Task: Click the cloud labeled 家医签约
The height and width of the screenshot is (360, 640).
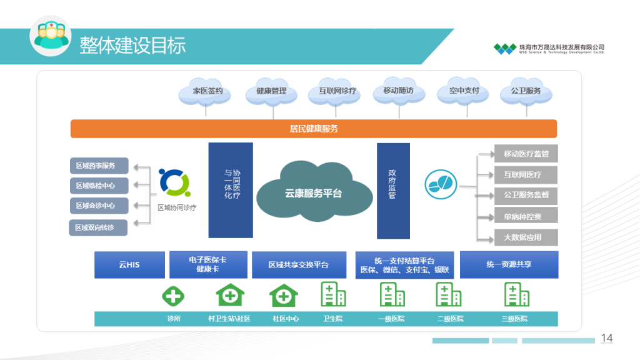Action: point(207,91)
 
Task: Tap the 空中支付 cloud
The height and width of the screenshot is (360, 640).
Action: point(463,91)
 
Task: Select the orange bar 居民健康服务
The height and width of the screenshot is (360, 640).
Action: point(313,129)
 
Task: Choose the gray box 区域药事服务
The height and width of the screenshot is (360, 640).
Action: point(99,166)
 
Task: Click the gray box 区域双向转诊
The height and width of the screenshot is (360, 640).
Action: point(98,227)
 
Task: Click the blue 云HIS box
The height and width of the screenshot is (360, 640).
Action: point(129,265)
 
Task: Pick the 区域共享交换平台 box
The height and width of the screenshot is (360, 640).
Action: point(299,265)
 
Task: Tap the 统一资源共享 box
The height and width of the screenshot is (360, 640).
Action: point(509,265)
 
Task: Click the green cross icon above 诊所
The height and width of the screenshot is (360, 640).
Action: point(173,295)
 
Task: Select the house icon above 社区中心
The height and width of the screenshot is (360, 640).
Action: point(282,294)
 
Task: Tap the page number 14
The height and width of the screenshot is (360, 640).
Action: point(606,338)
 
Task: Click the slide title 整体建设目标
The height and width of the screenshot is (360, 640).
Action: point(132,46)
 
